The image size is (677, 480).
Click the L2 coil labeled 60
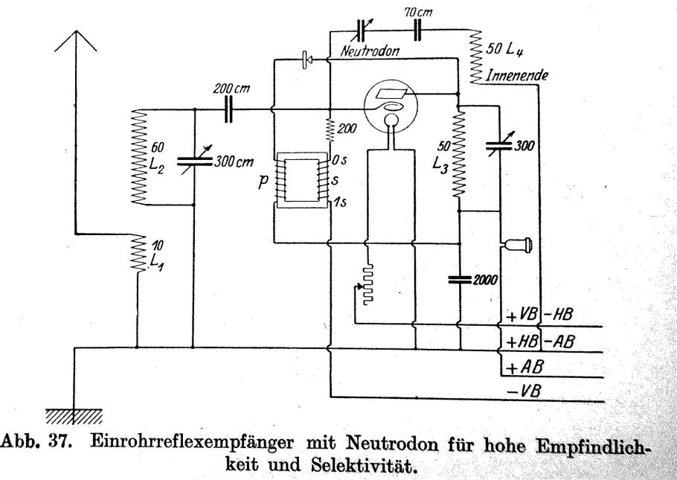137,157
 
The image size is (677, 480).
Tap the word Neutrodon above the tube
370,53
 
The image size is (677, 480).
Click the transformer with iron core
302,181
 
